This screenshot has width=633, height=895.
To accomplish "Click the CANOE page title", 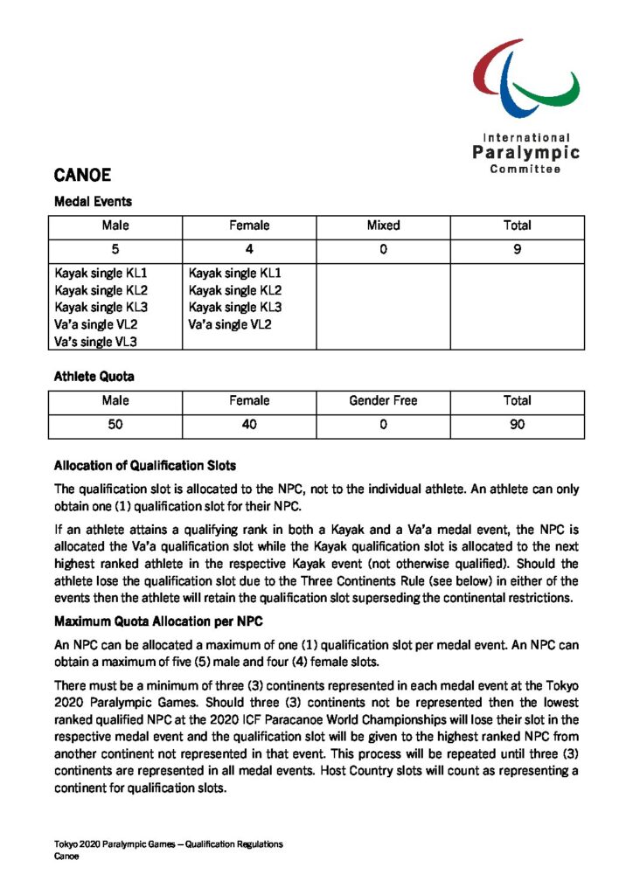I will tap(82, 175).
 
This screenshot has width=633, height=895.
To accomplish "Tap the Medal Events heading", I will tap(93, 201).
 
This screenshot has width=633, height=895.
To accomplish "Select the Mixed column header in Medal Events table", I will tap(383, 225).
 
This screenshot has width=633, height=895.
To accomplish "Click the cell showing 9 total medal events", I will tap(517, 250).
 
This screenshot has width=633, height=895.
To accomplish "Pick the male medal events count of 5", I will tap(115, 250).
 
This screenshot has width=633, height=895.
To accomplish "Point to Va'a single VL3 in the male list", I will tap(95, 342).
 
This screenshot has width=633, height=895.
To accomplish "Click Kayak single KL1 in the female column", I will tap(235, 273).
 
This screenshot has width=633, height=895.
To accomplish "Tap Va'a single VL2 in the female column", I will tap(230, 324).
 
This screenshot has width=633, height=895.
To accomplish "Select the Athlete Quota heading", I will tap(94, 377).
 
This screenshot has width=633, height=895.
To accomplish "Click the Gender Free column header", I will tap(383, 401).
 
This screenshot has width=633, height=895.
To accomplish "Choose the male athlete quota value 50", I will tap(115, 425).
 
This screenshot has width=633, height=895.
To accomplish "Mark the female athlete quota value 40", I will tap(249, 425).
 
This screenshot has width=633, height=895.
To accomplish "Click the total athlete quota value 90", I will tap(517, 425).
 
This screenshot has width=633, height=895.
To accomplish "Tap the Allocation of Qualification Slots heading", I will tap(144, 465).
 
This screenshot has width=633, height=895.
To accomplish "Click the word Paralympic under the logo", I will tap(526, 153).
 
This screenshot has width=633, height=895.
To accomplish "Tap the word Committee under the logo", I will tap(525, 170).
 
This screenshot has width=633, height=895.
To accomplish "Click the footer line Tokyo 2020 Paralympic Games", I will tap(168, 844).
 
